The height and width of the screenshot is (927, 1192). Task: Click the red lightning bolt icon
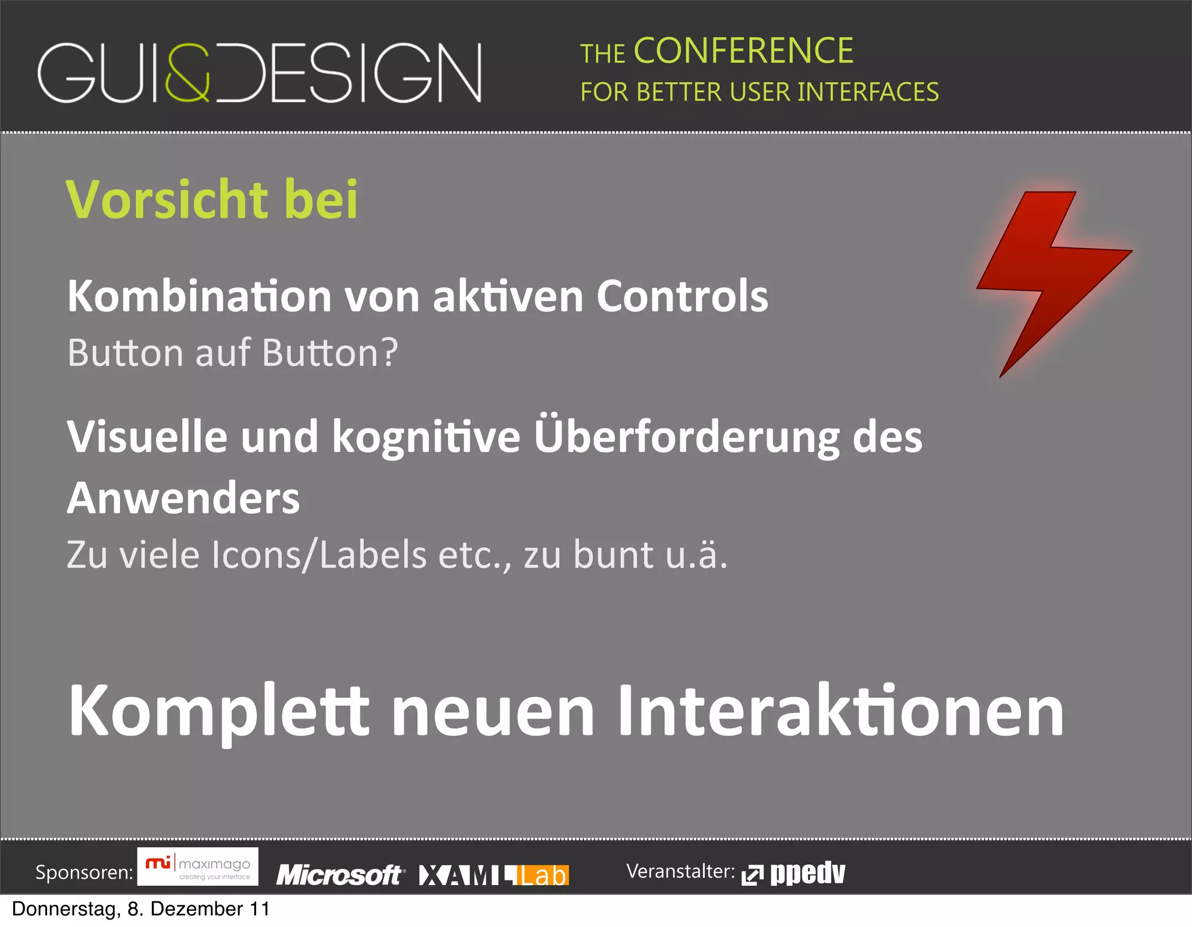click(1048, 274)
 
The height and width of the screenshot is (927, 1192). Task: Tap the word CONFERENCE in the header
click(743, 51)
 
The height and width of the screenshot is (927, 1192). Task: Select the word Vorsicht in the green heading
click(167, 200)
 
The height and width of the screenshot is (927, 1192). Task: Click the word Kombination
click(200, 296)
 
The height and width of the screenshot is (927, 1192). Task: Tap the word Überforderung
click(687, 436)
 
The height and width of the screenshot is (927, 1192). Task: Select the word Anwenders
click(183, 498)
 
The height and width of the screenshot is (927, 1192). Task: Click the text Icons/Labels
click(319, 555)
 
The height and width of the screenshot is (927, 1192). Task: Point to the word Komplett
click(219, 711)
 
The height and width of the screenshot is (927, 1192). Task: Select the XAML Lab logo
click(494, 875)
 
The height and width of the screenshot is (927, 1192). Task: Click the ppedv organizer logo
click(794, 873)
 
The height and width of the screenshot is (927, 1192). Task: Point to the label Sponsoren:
click(84, 872)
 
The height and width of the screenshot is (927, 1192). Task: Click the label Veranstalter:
click(680, 871)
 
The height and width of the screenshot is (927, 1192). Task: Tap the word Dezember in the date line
click(196, 909)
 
